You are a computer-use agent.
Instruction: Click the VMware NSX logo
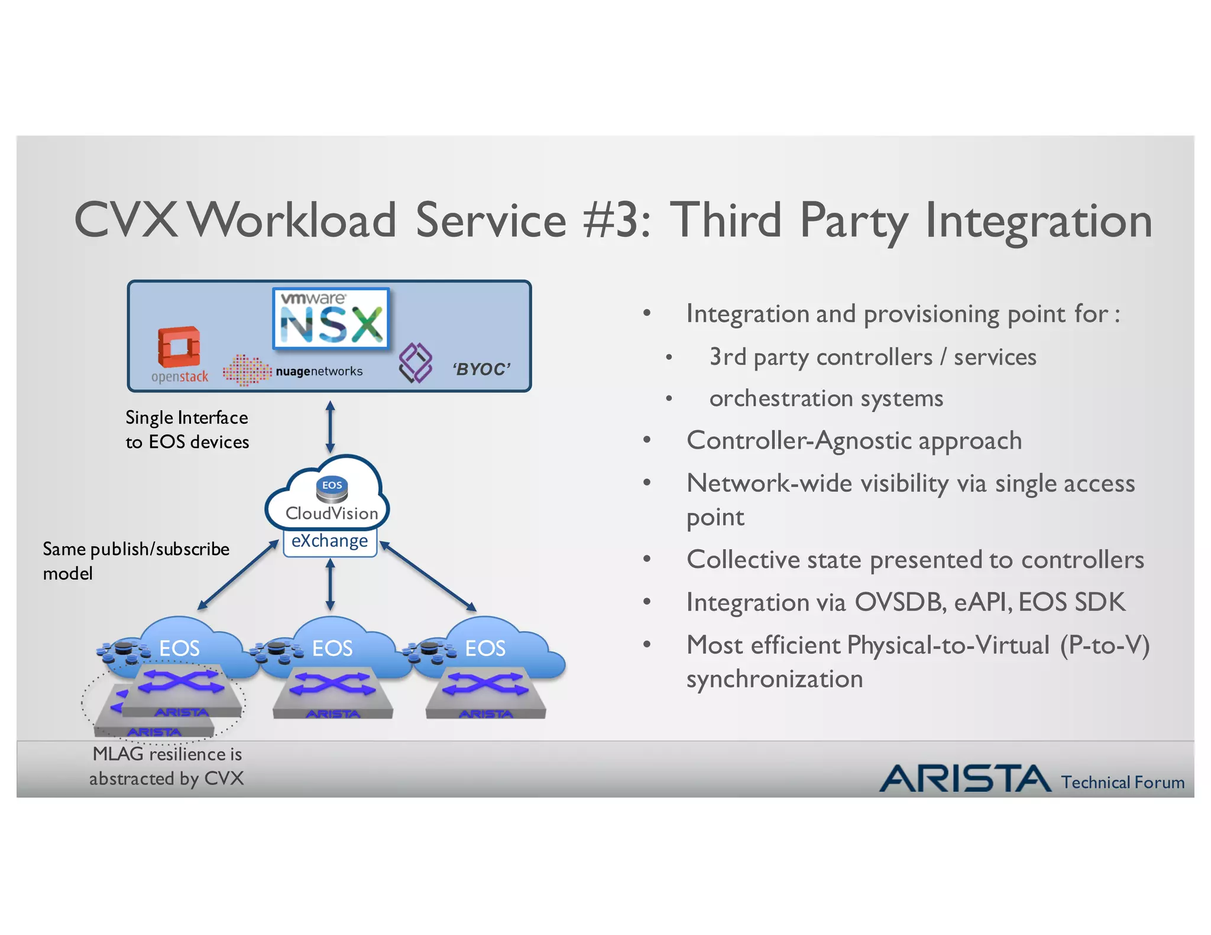coord(331,318)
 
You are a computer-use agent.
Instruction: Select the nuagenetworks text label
coord(319,371)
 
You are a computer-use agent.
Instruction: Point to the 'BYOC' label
coord(481,369)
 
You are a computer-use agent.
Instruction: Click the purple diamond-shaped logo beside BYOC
coord(415,362)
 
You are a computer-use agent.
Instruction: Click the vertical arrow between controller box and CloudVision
coord(330,427)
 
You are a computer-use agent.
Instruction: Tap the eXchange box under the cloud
coord(330,541)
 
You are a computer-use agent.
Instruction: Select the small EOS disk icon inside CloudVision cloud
coord(332,489)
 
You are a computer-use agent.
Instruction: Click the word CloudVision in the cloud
coord(331,513)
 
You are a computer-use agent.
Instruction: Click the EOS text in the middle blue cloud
coord(332,648)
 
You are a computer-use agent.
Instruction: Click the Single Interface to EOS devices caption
coord(187,430)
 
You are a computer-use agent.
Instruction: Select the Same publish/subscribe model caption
coord(135,560)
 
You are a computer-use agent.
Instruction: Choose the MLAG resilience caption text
coord(167,766)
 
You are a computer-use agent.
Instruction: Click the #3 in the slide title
coord(616,220)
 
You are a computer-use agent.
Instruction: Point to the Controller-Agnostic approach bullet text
coord(854,441)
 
